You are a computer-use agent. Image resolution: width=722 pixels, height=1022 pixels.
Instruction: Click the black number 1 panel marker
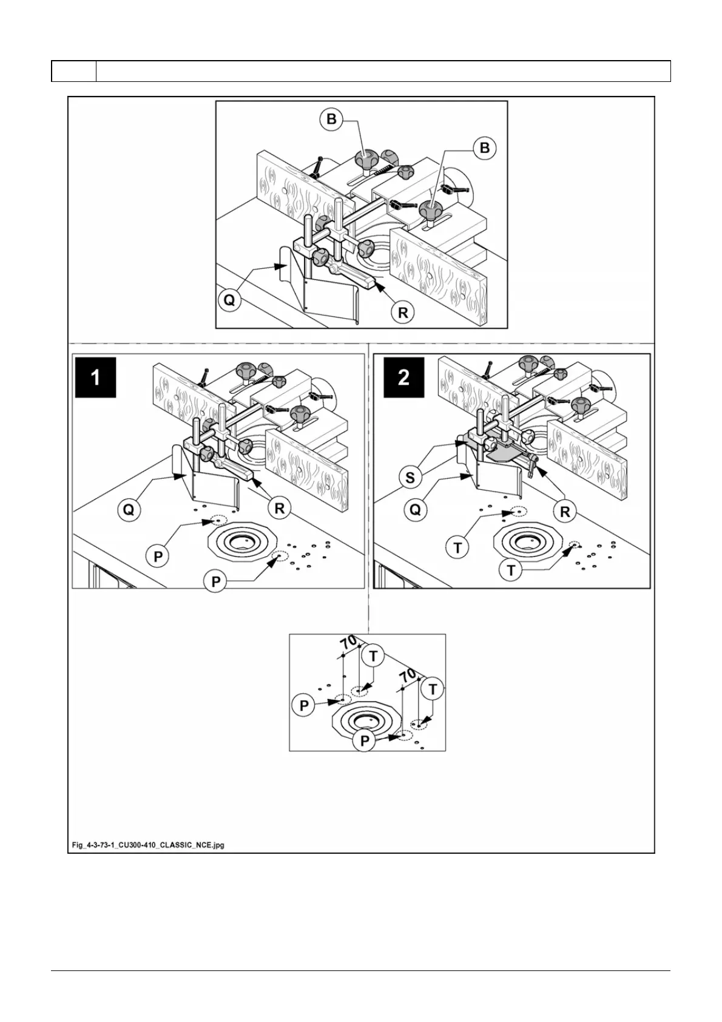tap(95, 377)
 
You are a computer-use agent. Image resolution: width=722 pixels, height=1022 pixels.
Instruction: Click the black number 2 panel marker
tap(403, 377)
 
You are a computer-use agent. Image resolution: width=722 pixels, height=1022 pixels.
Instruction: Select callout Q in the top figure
tap(229, 300)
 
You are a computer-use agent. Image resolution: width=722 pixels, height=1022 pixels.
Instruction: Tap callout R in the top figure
tap(403, 313)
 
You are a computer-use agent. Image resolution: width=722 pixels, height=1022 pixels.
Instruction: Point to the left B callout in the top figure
tap(331, 119)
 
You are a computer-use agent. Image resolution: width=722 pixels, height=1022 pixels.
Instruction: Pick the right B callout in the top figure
tap(485, 148)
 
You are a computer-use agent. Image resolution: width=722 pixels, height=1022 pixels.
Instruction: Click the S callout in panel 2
tap(410, 478)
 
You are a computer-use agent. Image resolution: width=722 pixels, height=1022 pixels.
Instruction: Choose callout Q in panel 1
tap(129, 510)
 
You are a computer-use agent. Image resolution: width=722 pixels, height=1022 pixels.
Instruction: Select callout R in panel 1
tap(280, 508)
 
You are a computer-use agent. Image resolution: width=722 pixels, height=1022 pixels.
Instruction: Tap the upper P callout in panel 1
tap(158, 556)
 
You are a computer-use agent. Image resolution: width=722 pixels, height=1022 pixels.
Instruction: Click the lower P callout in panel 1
tap(215, 582)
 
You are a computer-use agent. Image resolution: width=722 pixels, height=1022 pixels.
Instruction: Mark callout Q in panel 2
tap(415, 510)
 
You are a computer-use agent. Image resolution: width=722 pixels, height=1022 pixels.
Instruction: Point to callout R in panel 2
tap(565, 512)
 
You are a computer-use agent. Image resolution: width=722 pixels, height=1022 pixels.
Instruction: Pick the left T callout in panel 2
tap(457, 549)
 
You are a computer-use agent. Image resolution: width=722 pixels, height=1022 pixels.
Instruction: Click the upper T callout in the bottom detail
tap(373, 656)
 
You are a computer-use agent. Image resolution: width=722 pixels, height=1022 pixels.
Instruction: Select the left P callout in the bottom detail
tap(304, 705)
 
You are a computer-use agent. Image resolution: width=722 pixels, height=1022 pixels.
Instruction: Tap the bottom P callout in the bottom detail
tap(365, 741)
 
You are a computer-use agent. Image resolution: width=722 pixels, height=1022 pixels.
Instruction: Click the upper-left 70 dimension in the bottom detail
tap(348, 642)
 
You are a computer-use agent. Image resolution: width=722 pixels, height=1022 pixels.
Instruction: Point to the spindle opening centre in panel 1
tap(243, 540)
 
